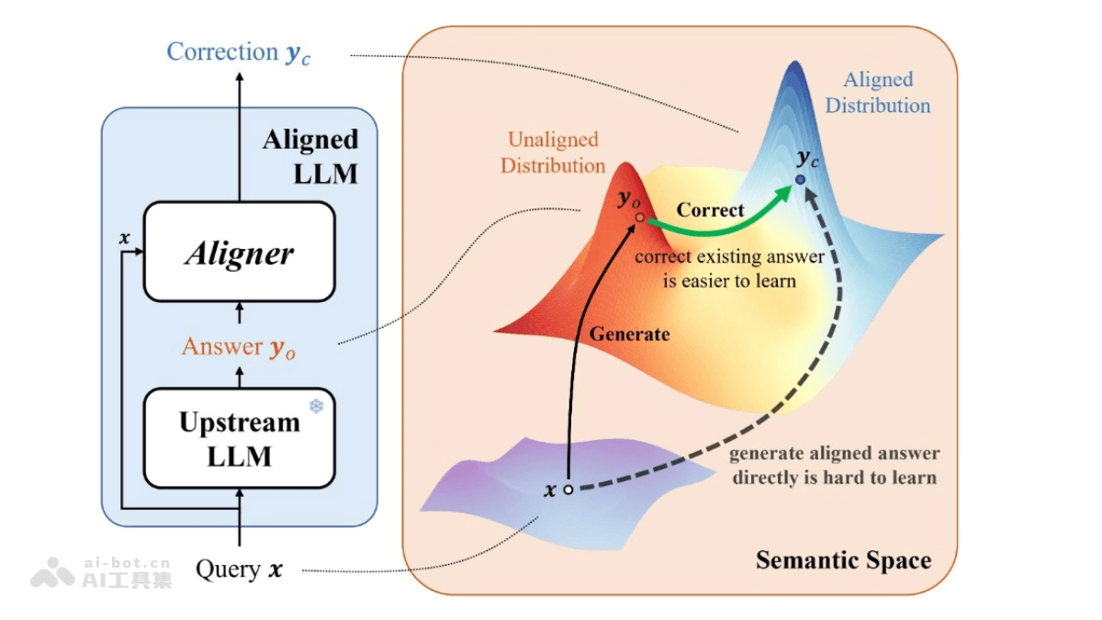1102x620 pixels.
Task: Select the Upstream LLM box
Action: [x=239, y=438]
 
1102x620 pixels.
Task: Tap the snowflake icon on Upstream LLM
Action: [x=316, y=405]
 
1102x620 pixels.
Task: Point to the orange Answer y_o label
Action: [x=239, y=347]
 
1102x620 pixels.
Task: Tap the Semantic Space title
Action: [x=843, y=559]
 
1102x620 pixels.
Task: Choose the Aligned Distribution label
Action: [x=877, y=93]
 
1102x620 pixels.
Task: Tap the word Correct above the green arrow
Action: [x=711, y=209]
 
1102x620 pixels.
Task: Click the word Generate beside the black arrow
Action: [x=629, y=333]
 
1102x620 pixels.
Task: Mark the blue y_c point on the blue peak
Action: [x=800, y=180]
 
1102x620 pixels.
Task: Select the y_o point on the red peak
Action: [x=639, y=220]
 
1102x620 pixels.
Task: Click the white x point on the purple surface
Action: [x=568, y=490]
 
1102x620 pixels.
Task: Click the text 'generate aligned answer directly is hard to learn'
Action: [x=834, y=466]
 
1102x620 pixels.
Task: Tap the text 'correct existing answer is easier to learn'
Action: [x=729, y=268]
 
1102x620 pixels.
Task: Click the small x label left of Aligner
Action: [x=125, y=238]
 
